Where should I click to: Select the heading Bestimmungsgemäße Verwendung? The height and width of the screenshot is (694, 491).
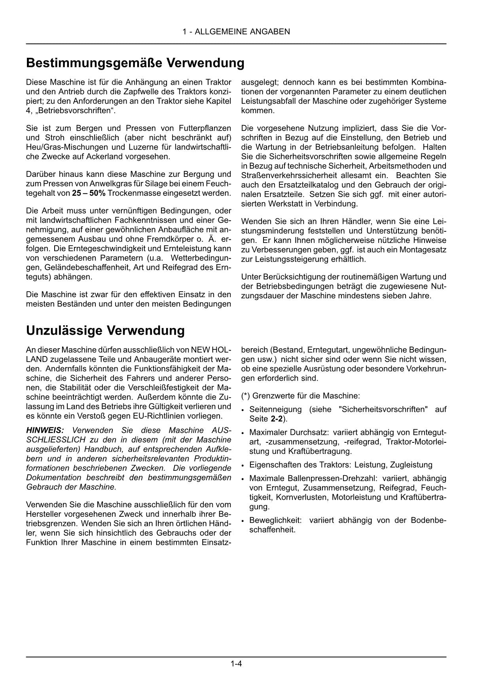pos(135,63)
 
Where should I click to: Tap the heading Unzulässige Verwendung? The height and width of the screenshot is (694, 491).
pos(105,330)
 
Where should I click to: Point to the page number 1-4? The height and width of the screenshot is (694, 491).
pos(236,664)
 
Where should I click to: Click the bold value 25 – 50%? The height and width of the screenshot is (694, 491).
pos(89,193)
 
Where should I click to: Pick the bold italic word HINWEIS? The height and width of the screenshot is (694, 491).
pos(45,430)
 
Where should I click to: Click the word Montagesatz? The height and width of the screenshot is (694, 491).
pos(425,250)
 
